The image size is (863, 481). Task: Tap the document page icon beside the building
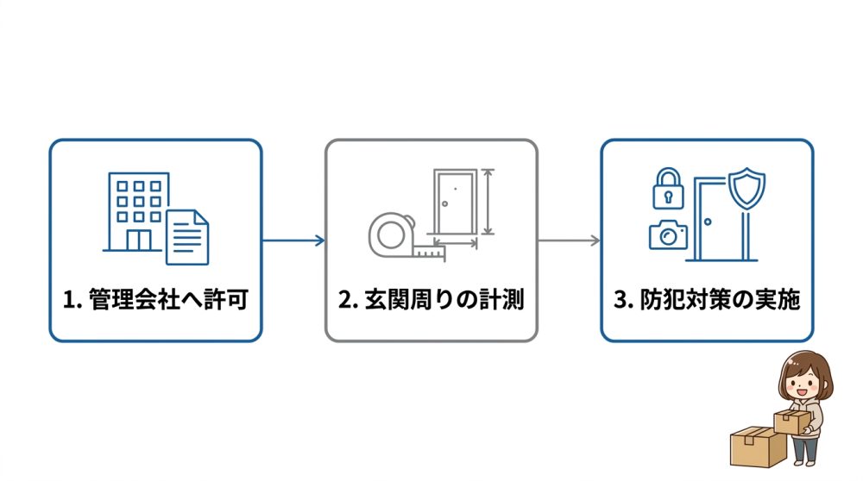click(x=187, y=234)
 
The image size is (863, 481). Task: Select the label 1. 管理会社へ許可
click(x=155, y=301)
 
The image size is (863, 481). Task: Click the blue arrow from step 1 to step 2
click(x=293, y=240)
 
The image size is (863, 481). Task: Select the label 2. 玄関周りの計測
click(x=431, y=301)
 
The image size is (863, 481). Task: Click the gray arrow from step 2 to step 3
click(x=569, y=240)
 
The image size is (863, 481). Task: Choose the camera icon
click(x=668, y=234)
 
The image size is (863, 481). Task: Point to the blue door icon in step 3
click(x=715, y=220)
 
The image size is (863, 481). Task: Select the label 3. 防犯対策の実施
click(x=707, y=301)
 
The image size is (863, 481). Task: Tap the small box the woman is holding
click(x=791, y=422)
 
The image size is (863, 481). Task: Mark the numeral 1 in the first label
click(x=69, y=301)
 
